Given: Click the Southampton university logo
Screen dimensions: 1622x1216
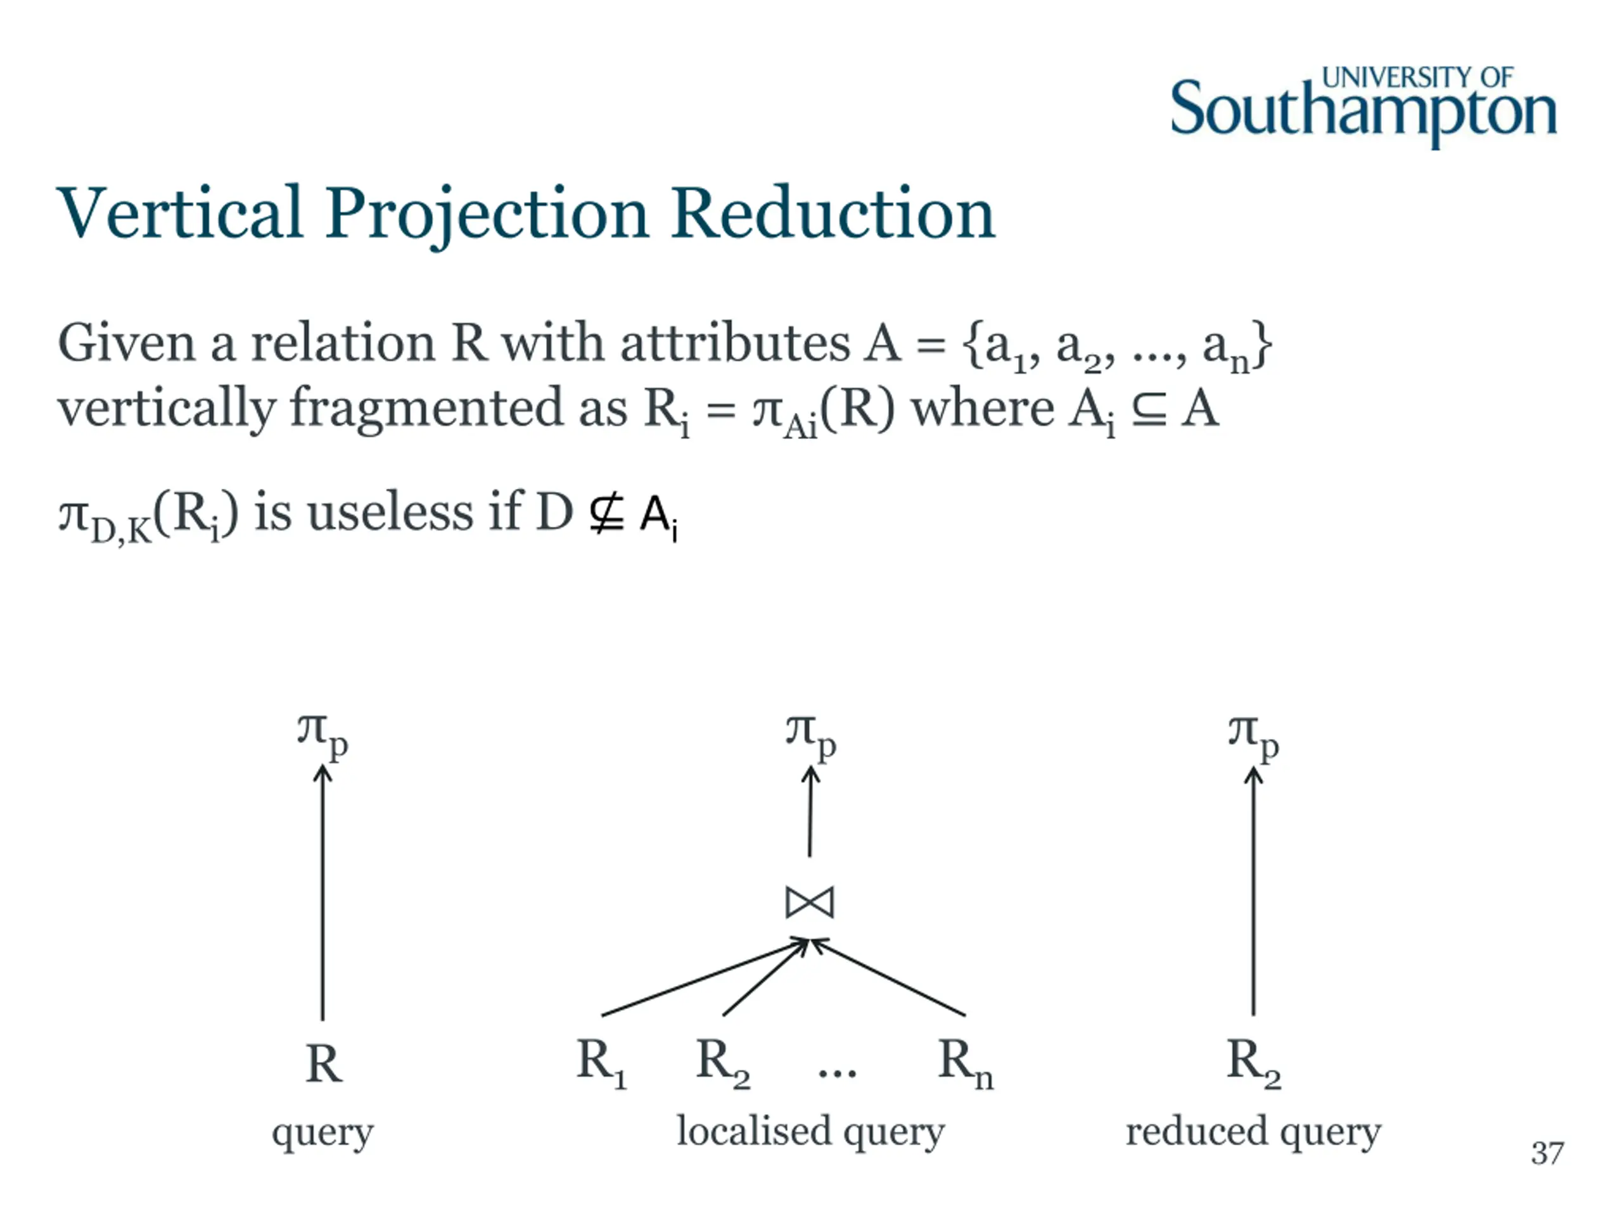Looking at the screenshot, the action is pyautogui.click(x=1362, y=107).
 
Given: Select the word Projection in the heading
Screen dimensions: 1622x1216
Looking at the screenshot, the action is pyautogui.click(x=486, y=214).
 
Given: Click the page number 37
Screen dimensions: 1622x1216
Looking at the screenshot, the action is pyautogui.click(x=1547, y=1153).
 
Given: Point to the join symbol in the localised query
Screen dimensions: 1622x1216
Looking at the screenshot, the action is pyautogui.click(x=810, y=902).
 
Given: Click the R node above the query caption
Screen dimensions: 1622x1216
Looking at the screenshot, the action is pyautogui.click(x=323, y=1063).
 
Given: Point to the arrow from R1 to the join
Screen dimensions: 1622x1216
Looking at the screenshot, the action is pyautogui.click(x=704, y=978).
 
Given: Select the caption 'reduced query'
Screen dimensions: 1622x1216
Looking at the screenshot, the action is pyautogui.click(x=1253, y=1131).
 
